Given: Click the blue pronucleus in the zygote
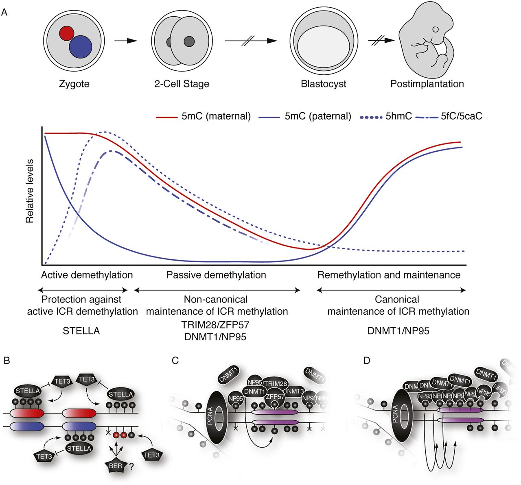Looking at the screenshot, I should coord(80,47).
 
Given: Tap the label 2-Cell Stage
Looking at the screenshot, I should coord(182,84).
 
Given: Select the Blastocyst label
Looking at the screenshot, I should coord(323,84).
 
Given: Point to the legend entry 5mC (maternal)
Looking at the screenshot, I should coord(204,116).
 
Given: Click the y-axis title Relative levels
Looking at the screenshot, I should coord(30,191).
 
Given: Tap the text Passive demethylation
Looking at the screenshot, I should coord(216,275).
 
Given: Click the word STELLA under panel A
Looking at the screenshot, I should coord(81,331).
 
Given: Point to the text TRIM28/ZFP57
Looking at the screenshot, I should coord(216,325).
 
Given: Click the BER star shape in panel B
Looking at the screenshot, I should coord(116,466).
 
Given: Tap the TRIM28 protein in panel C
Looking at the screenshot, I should coord(276,383).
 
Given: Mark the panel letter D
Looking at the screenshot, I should coord(366,361).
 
